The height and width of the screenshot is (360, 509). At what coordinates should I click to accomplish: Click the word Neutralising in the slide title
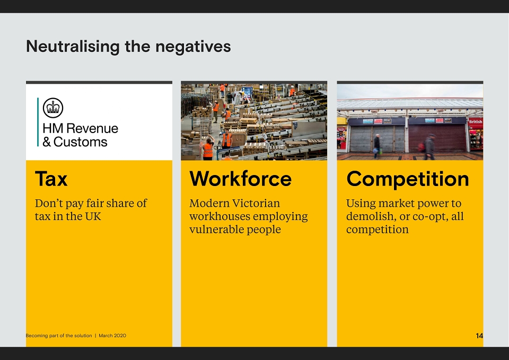[73, 47]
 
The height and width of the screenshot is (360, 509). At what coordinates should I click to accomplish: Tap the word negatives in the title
[193, 47]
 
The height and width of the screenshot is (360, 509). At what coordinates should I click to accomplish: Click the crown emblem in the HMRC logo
[53, 108]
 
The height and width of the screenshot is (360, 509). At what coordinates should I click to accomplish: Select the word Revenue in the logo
[92, 128]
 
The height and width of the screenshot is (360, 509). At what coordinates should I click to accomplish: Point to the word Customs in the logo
[80, 142]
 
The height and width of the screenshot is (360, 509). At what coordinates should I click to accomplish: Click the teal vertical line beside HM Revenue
[38, 122]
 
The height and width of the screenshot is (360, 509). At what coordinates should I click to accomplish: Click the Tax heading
[51, 179]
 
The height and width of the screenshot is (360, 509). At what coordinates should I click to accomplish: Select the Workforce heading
[241, 179]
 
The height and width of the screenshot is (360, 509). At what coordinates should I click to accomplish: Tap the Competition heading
[408, 179]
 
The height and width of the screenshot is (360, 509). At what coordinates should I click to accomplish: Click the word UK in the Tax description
[93, 216]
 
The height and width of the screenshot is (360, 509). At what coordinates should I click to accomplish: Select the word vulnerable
[216, 229]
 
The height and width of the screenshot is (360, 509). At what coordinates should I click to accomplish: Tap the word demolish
[370, 216]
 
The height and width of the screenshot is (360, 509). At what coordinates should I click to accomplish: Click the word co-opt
[430, 217]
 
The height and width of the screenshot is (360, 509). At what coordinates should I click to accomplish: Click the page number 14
[479, 336]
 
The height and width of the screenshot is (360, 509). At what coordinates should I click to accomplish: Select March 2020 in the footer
[112, 336]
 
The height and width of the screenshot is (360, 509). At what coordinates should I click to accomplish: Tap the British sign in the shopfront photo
[475, 122]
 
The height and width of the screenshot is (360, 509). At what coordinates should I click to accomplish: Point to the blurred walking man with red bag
[429, 147]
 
